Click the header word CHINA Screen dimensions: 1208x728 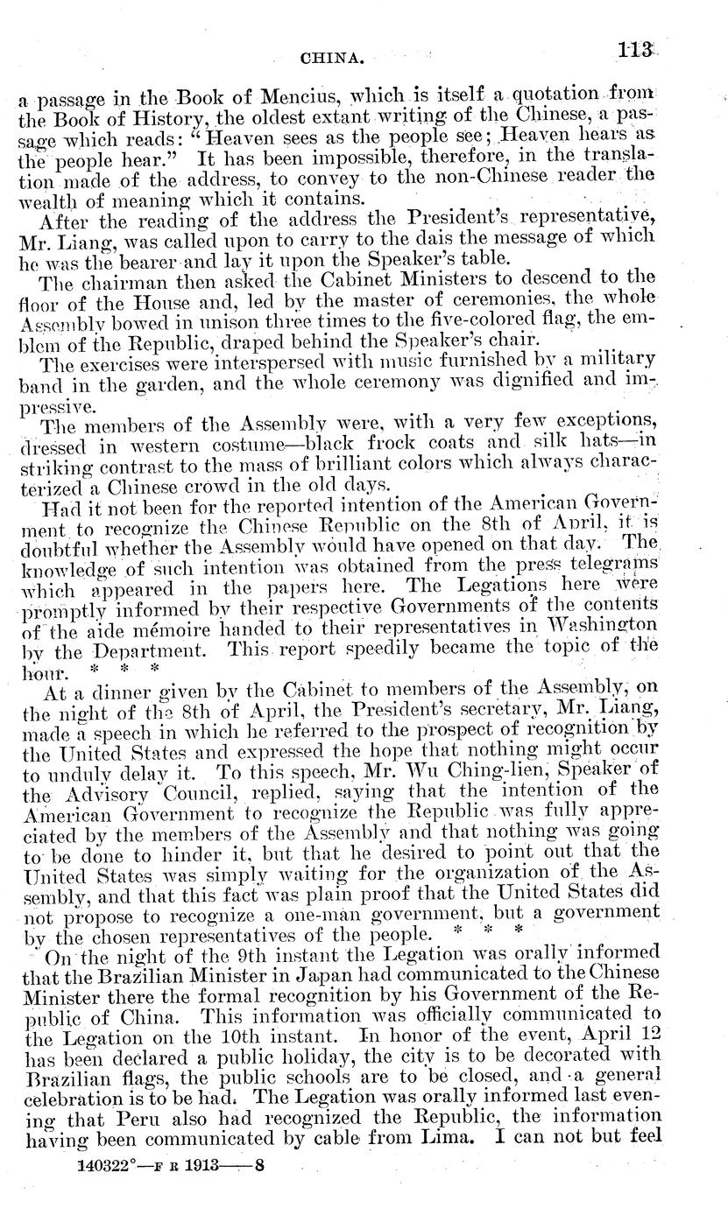(326, 60)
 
